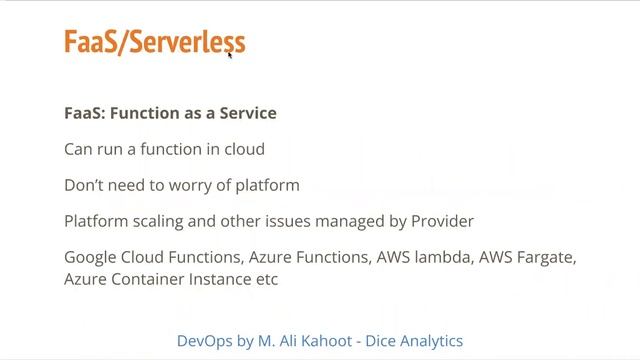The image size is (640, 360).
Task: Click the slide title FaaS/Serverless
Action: (x=154, y=42)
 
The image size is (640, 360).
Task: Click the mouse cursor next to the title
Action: (x=230, y=54)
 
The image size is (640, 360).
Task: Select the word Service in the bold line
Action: (x=246, y=113)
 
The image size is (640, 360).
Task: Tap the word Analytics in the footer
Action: (x=428, y=340)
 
